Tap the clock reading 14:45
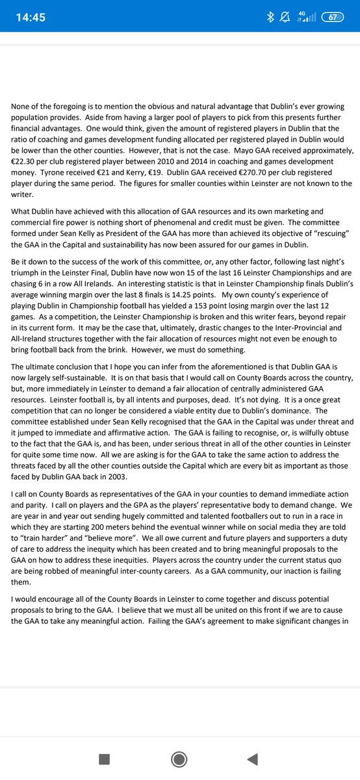[31, 18]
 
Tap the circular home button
[179, 759]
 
